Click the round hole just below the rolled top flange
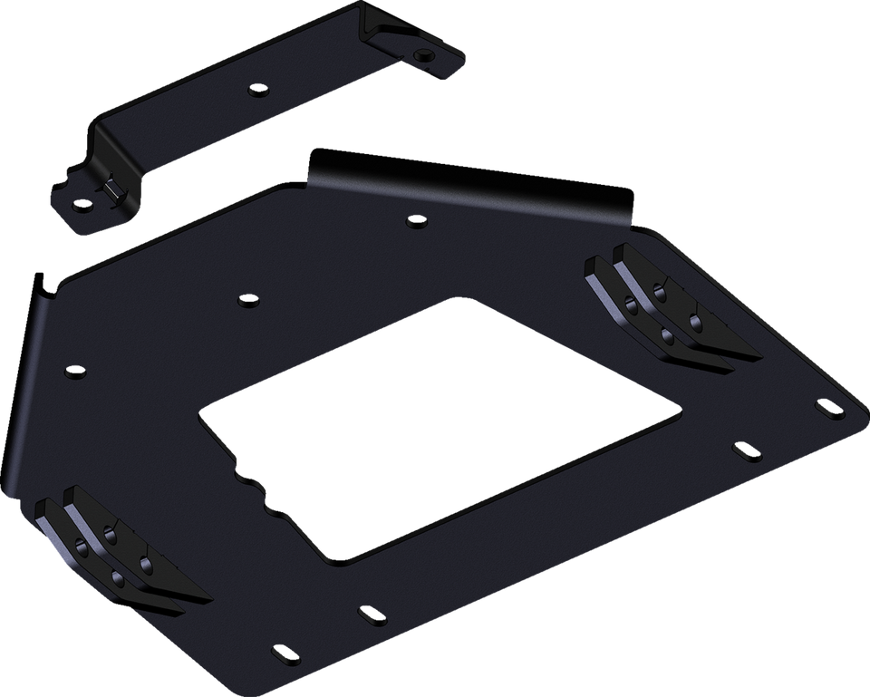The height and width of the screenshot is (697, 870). click(x=414, y=220)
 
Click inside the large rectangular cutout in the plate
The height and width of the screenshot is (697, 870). click(x=435, y=426)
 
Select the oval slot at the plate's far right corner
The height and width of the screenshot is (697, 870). click(x=828, y=409)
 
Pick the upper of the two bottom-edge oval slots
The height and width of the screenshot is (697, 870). click(x=369, y=614)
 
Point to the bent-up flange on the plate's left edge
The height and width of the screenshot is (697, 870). click(x=23, y=390)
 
